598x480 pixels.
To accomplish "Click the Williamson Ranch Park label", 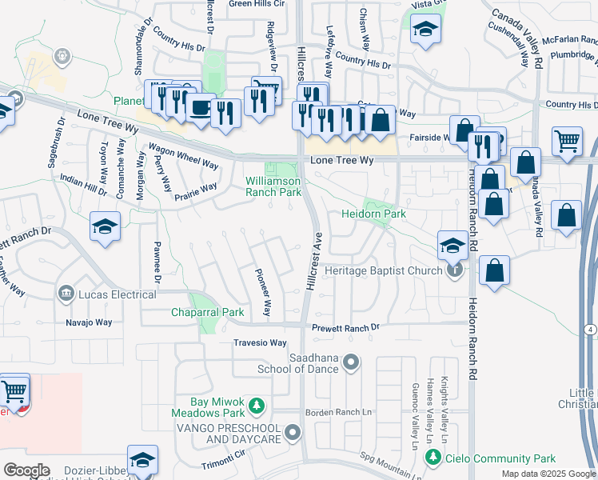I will pos(273,186).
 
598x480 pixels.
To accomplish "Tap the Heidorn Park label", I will pos(374,214).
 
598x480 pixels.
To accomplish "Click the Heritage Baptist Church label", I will pos(385,271).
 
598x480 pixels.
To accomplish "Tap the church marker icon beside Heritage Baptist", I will pos(455,270).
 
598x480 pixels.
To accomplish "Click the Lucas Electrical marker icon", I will pos(66,294).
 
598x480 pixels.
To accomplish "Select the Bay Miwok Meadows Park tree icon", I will pos(257,406).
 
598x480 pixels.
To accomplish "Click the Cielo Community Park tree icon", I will pos(433,458).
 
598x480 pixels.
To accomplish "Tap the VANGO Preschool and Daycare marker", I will pos(293,434).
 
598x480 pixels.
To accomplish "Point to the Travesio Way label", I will pos(259,342).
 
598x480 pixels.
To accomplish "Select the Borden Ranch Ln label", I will pos(339,412).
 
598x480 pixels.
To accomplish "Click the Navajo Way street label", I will pos(89,322).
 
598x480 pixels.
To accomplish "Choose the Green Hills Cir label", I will pos(257,4).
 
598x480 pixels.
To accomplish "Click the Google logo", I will pos(26,470).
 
